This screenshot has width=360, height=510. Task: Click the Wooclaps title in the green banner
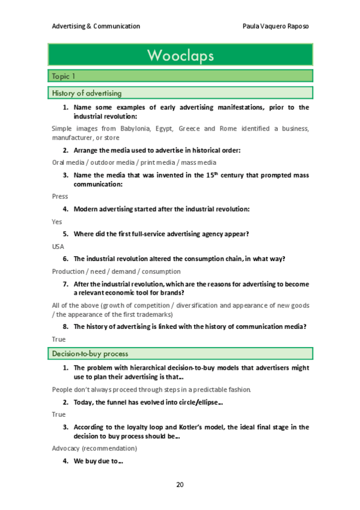point(180,56)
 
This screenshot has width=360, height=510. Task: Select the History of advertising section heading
point(87,93)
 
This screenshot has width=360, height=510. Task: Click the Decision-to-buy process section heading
point(90,353)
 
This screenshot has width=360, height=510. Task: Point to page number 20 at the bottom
point(180,484)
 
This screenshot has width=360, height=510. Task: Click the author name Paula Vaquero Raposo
point(275,26)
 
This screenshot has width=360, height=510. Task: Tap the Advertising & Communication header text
point(96,26)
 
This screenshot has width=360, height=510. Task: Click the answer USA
point(59,246)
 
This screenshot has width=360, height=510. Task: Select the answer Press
point(60,196)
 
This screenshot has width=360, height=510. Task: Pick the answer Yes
point(57,221)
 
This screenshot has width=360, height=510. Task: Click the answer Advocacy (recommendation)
point(94,448)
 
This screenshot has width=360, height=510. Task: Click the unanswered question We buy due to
point(98,461)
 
